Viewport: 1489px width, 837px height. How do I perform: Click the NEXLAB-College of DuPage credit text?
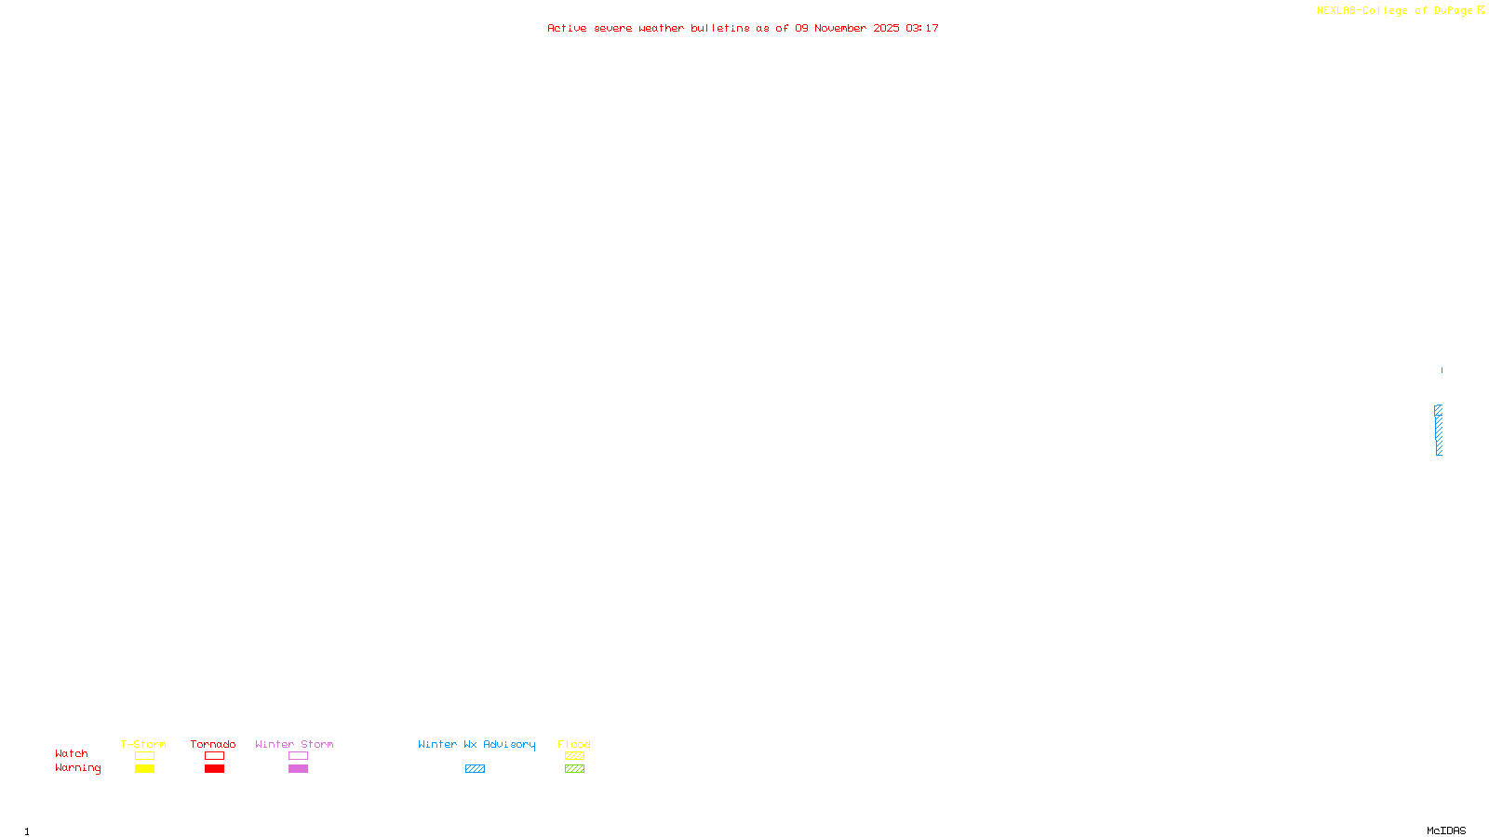1394,11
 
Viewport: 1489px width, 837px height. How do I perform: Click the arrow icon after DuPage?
1481,10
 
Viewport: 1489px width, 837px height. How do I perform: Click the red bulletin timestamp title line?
743,29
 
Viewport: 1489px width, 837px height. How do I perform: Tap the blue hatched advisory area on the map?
1439,431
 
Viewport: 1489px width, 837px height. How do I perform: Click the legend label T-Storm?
143,744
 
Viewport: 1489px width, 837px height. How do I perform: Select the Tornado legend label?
213,744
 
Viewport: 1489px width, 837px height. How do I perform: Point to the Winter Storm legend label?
294,744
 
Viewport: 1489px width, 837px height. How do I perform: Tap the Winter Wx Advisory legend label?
476,744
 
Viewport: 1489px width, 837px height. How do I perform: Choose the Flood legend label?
574,744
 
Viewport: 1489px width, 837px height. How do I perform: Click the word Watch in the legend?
72,754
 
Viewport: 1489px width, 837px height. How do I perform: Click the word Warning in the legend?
78,768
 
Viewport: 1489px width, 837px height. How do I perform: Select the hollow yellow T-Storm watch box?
144,756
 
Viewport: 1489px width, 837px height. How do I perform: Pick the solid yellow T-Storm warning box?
144,769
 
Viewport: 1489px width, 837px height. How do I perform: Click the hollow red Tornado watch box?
214,756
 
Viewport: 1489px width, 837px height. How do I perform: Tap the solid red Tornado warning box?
214,769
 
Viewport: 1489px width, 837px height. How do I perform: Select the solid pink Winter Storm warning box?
298,769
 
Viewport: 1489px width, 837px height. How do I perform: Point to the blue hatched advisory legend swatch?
475,769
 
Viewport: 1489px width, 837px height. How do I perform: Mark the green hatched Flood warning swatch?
574,769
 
